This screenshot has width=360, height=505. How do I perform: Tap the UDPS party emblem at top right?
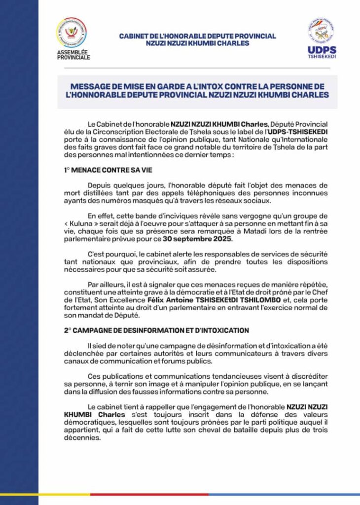321,31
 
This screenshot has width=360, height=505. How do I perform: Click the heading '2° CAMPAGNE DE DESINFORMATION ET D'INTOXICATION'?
156,330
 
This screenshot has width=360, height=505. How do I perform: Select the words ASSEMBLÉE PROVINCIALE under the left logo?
73,55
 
